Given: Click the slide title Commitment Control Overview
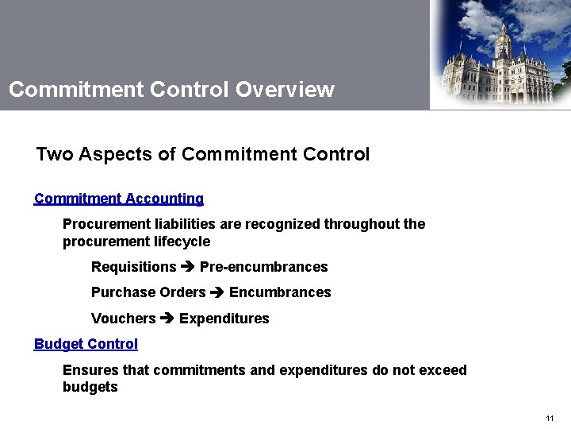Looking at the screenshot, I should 171,89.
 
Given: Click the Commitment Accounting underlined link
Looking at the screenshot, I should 119,199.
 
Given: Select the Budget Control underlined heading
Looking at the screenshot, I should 86,344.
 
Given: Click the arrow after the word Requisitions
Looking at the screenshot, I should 188,267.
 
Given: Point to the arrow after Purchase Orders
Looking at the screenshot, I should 217,292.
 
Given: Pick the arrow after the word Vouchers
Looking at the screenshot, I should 167,319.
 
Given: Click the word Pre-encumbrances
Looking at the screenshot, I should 263,267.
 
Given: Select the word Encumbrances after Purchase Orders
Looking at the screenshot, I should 280,292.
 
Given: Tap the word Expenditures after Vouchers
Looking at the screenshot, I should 224,319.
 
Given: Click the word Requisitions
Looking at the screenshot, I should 134,267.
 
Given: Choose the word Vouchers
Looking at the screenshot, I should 124,319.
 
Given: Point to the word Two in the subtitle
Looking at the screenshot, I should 55,154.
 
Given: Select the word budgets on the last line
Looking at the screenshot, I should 90,388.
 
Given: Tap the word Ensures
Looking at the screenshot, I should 88,370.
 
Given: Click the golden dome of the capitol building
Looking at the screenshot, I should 503,33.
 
